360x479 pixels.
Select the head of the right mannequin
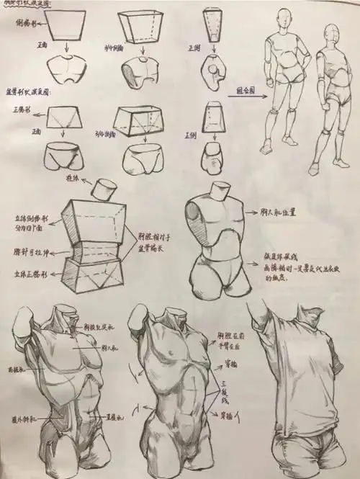[330, 33]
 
